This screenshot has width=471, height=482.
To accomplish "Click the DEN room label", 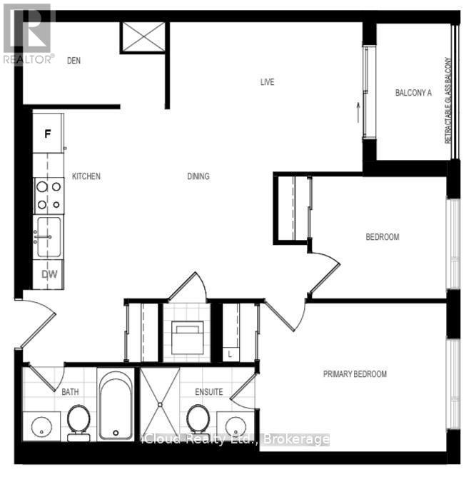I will (74, 61).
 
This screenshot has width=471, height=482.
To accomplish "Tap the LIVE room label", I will (267, 82).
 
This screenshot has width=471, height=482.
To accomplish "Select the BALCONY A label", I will (414, 93).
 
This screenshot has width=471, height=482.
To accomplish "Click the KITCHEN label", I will (86, 176).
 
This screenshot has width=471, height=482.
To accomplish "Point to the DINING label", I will (198, 176).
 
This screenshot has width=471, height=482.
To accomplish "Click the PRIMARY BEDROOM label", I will (355, 374).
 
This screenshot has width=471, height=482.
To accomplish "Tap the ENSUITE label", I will (210, 392).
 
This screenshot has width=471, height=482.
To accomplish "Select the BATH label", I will (70, 392).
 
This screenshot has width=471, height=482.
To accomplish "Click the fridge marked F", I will (48, 134).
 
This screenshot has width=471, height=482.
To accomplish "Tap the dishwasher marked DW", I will (49, 273).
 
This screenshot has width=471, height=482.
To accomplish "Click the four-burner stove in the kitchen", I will (49, 196).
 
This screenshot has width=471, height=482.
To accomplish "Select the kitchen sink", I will (49, 236).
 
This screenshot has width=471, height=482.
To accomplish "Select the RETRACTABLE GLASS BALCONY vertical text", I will (449, 100).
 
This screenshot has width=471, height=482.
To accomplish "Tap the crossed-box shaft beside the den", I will (143, 37).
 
